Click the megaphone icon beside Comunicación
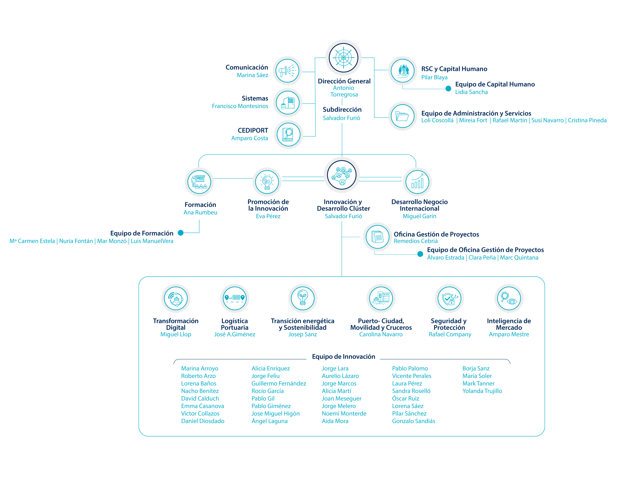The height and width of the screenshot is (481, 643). tap(287, 71)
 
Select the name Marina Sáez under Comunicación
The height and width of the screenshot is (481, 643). tap(252, 75)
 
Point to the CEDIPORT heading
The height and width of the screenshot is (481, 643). tap(253, 130)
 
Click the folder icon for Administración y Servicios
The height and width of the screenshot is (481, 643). tap(403, 116)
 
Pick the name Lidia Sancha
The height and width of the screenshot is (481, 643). tap(471, 92)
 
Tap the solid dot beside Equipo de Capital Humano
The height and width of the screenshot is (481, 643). tap(448, 88)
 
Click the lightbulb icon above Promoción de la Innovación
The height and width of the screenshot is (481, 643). tap(267, 182)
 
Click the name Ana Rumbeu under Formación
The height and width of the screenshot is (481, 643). tap(200, 212)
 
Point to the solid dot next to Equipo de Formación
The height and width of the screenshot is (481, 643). tap(181, 233)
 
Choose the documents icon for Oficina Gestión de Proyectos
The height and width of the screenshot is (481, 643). tap(377, 237)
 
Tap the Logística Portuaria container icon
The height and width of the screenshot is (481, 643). tap(235, 298)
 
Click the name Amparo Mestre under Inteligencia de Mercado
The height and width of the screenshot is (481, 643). tap(509, 334)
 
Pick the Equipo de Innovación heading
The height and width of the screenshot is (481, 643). tap(343, 357)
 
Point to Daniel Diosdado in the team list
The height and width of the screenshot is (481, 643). tap(203, 421)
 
